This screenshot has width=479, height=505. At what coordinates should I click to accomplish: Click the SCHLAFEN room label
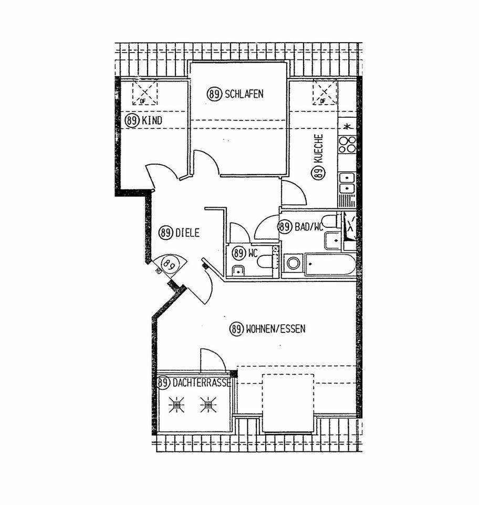244,94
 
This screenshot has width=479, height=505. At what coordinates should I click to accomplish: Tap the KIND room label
152,121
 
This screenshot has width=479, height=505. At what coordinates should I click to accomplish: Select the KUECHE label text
318,148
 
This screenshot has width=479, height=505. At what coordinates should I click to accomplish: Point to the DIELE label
188,233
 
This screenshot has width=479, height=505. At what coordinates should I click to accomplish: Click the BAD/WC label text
309,227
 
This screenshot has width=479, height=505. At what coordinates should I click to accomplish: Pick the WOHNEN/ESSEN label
276,329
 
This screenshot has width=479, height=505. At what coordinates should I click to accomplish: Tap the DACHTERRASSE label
202,383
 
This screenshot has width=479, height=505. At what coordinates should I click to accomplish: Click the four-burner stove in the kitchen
347,145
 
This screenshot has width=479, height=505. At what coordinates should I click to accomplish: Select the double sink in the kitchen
347,183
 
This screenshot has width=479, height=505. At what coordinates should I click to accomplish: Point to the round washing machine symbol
293,264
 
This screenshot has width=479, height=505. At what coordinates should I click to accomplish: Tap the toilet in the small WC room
266,261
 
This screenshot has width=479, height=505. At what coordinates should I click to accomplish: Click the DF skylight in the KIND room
144,93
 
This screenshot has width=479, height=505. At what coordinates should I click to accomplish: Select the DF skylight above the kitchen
325,93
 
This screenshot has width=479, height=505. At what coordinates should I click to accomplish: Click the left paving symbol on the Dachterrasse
176,405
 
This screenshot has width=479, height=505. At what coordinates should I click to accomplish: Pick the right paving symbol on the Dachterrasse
208,405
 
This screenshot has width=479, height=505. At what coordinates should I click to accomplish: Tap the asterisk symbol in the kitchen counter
347,127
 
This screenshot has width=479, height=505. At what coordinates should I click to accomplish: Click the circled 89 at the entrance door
169,265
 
